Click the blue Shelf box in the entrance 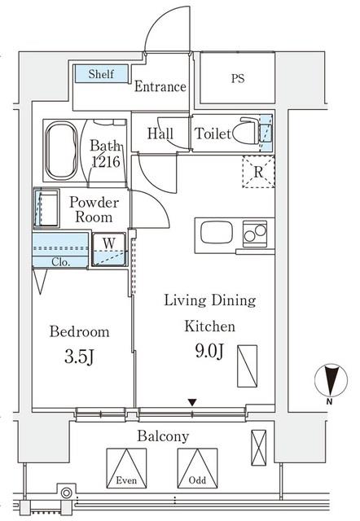pyautogui.click(x=101, y=73)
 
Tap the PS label pyautogui.click(x=238, y=78)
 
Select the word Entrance pyautogui.click(x=160, y=86)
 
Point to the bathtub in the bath pyautogui.click(x=61, y=151)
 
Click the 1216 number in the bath pyautogui.click(x=106, y=161)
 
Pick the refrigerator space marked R pyautogui.click(x=258, y=172)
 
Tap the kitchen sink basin pyautogui.click(x=217, y=232)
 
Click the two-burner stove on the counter pyautogui.click(x=255, y=234)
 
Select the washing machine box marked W pyautogui.click(x=108, y=250)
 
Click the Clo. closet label pyautogui.click(x=61, y=262)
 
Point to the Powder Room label pyautogui.click(x=94, y=210)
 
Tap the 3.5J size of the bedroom pyautogui.click(x=79, y=357)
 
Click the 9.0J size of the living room pyautogui.click(x=209, y=351)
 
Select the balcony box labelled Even pyautogui.click(x=126, y=468)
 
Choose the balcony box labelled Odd pyautogui.click(x=197, y=468)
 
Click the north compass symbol pyautogui.click(x=331, y=381)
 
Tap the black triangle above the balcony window pyautogui.click(x=192, y=402)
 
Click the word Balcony pyautogui.click(x=163, y=436)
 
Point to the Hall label pyautogui.click(x=160, y=134)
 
